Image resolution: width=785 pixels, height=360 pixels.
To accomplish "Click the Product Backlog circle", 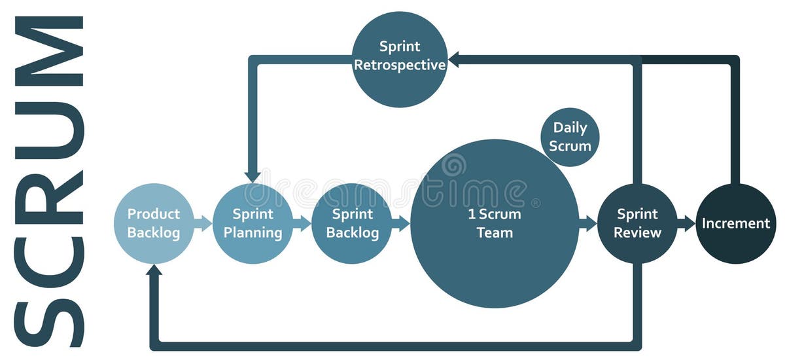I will click(x=154, y=223).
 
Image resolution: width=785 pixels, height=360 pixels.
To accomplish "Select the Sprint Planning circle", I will click(x=253, y=223).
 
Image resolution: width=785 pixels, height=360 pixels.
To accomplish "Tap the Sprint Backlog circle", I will click(x=352, y=223).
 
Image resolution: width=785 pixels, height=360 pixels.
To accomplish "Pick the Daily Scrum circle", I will click(x=570, y=137).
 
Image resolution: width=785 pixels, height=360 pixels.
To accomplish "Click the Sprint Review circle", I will click(x=638, y=223).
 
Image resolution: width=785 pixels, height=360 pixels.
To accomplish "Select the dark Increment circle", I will click(x=736, y=223).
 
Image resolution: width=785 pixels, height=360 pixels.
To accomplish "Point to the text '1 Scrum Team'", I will click(x=495, y=223).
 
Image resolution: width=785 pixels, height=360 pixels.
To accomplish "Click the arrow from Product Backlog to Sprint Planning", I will click(x=203, y=223).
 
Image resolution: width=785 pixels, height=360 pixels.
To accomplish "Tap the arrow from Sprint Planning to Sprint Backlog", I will click(x=302, y=223).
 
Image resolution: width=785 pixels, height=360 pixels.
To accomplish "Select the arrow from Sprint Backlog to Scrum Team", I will click(x=400, y=223).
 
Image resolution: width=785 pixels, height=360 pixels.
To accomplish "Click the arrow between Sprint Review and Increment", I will click(x=686, y=223).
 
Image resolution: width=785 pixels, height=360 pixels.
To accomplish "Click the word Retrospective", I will click(x=400, y=65).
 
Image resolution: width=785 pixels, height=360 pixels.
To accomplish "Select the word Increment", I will click(x=736, y=223).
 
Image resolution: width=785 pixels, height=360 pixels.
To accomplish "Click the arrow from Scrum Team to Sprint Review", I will click(x=588, y=223).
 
